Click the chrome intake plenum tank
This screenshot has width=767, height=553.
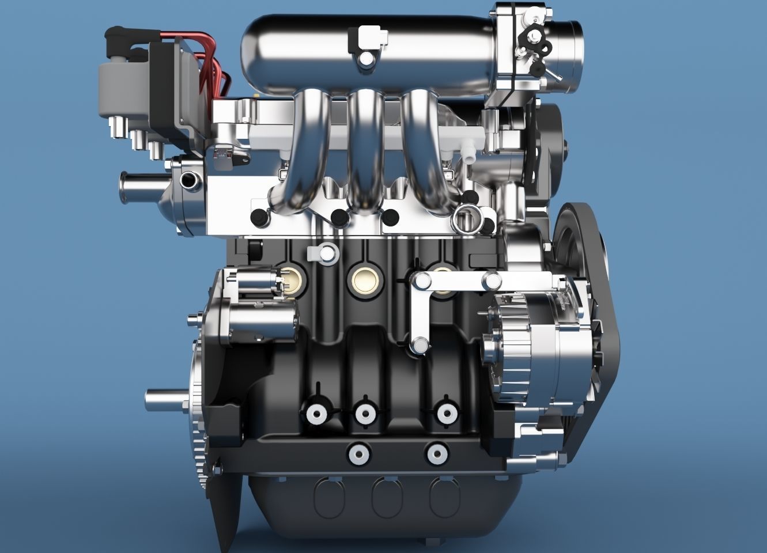coord(311,49)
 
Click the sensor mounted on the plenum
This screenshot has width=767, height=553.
coord(365,43)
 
